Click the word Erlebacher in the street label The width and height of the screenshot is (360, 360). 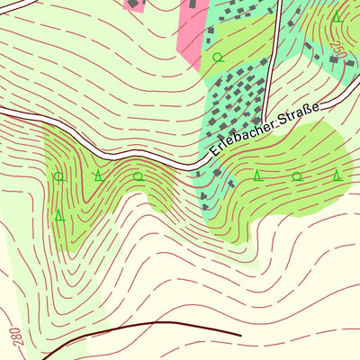[x=235, y=135]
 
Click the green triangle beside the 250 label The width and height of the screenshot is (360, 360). [x=337, y=17]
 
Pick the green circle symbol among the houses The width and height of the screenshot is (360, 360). [x=217, y=58]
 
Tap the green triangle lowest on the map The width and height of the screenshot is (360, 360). [x=59, y=216]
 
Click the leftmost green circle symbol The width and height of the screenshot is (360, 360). [x=58, y=176]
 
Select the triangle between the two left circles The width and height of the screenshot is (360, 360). [x=98, y=175]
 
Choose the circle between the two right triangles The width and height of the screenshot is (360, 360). [x=297, y=176]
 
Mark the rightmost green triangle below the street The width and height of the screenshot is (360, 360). [x=337, y=175]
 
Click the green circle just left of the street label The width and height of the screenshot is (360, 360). [x=139, y=176]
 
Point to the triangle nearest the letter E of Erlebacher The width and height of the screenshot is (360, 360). [x=257, y=175]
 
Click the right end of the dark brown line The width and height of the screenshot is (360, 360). [x=240, y=334]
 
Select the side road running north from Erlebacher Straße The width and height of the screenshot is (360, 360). [x=273, y=54]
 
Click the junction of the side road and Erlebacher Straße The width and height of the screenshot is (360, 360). [x=265, y=121]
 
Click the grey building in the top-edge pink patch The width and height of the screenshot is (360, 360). [x=192, y=4]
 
